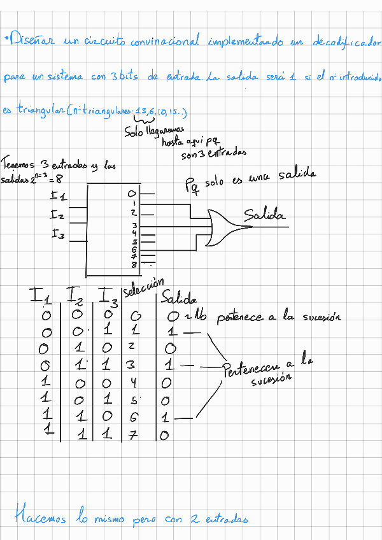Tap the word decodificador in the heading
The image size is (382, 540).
click(346, 43)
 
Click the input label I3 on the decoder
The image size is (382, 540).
click(59, 234)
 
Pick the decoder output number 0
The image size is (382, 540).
click(132, 193)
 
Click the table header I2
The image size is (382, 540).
click(74, 295)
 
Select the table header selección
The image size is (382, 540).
click(143, 288)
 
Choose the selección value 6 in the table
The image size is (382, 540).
click(132, 418)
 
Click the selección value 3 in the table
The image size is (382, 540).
click(132, 366)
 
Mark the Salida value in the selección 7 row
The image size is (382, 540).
click(164, 436)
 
